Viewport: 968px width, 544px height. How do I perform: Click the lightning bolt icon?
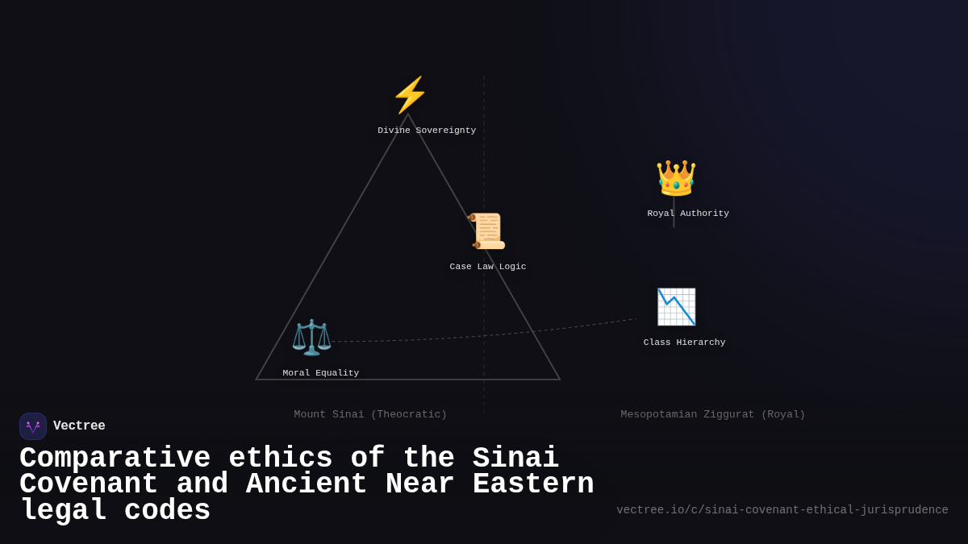410,95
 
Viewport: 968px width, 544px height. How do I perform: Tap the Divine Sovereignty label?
427,131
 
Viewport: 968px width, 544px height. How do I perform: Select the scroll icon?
486,231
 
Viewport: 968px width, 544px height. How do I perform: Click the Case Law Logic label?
488,267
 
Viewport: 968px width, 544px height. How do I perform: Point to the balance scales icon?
311,337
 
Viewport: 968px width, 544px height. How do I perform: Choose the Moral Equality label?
321,373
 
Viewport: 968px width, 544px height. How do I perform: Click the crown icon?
676,178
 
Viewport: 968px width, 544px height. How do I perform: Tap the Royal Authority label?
688,214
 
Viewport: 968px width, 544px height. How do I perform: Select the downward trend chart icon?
676,307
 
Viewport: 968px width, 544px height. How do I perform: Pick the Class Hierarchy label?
685,343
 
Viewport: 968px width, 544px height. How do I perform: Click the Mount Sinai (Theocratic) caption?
370,415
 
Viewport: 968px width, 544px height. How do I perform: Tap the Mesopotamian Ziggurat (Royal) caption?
713,415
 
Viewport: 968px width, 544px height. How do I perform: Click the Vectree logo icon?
33,426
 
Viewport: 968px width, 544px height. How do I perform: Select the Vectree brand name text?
79,426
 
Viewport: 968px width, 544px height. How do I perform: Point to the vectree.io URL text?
782,510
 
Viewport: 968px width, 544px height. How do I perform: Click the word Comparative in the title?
115,459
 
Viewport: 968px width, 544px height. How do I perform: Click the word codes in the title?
167,511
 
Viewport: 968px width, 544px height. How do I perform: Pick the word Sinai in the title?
515,459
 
